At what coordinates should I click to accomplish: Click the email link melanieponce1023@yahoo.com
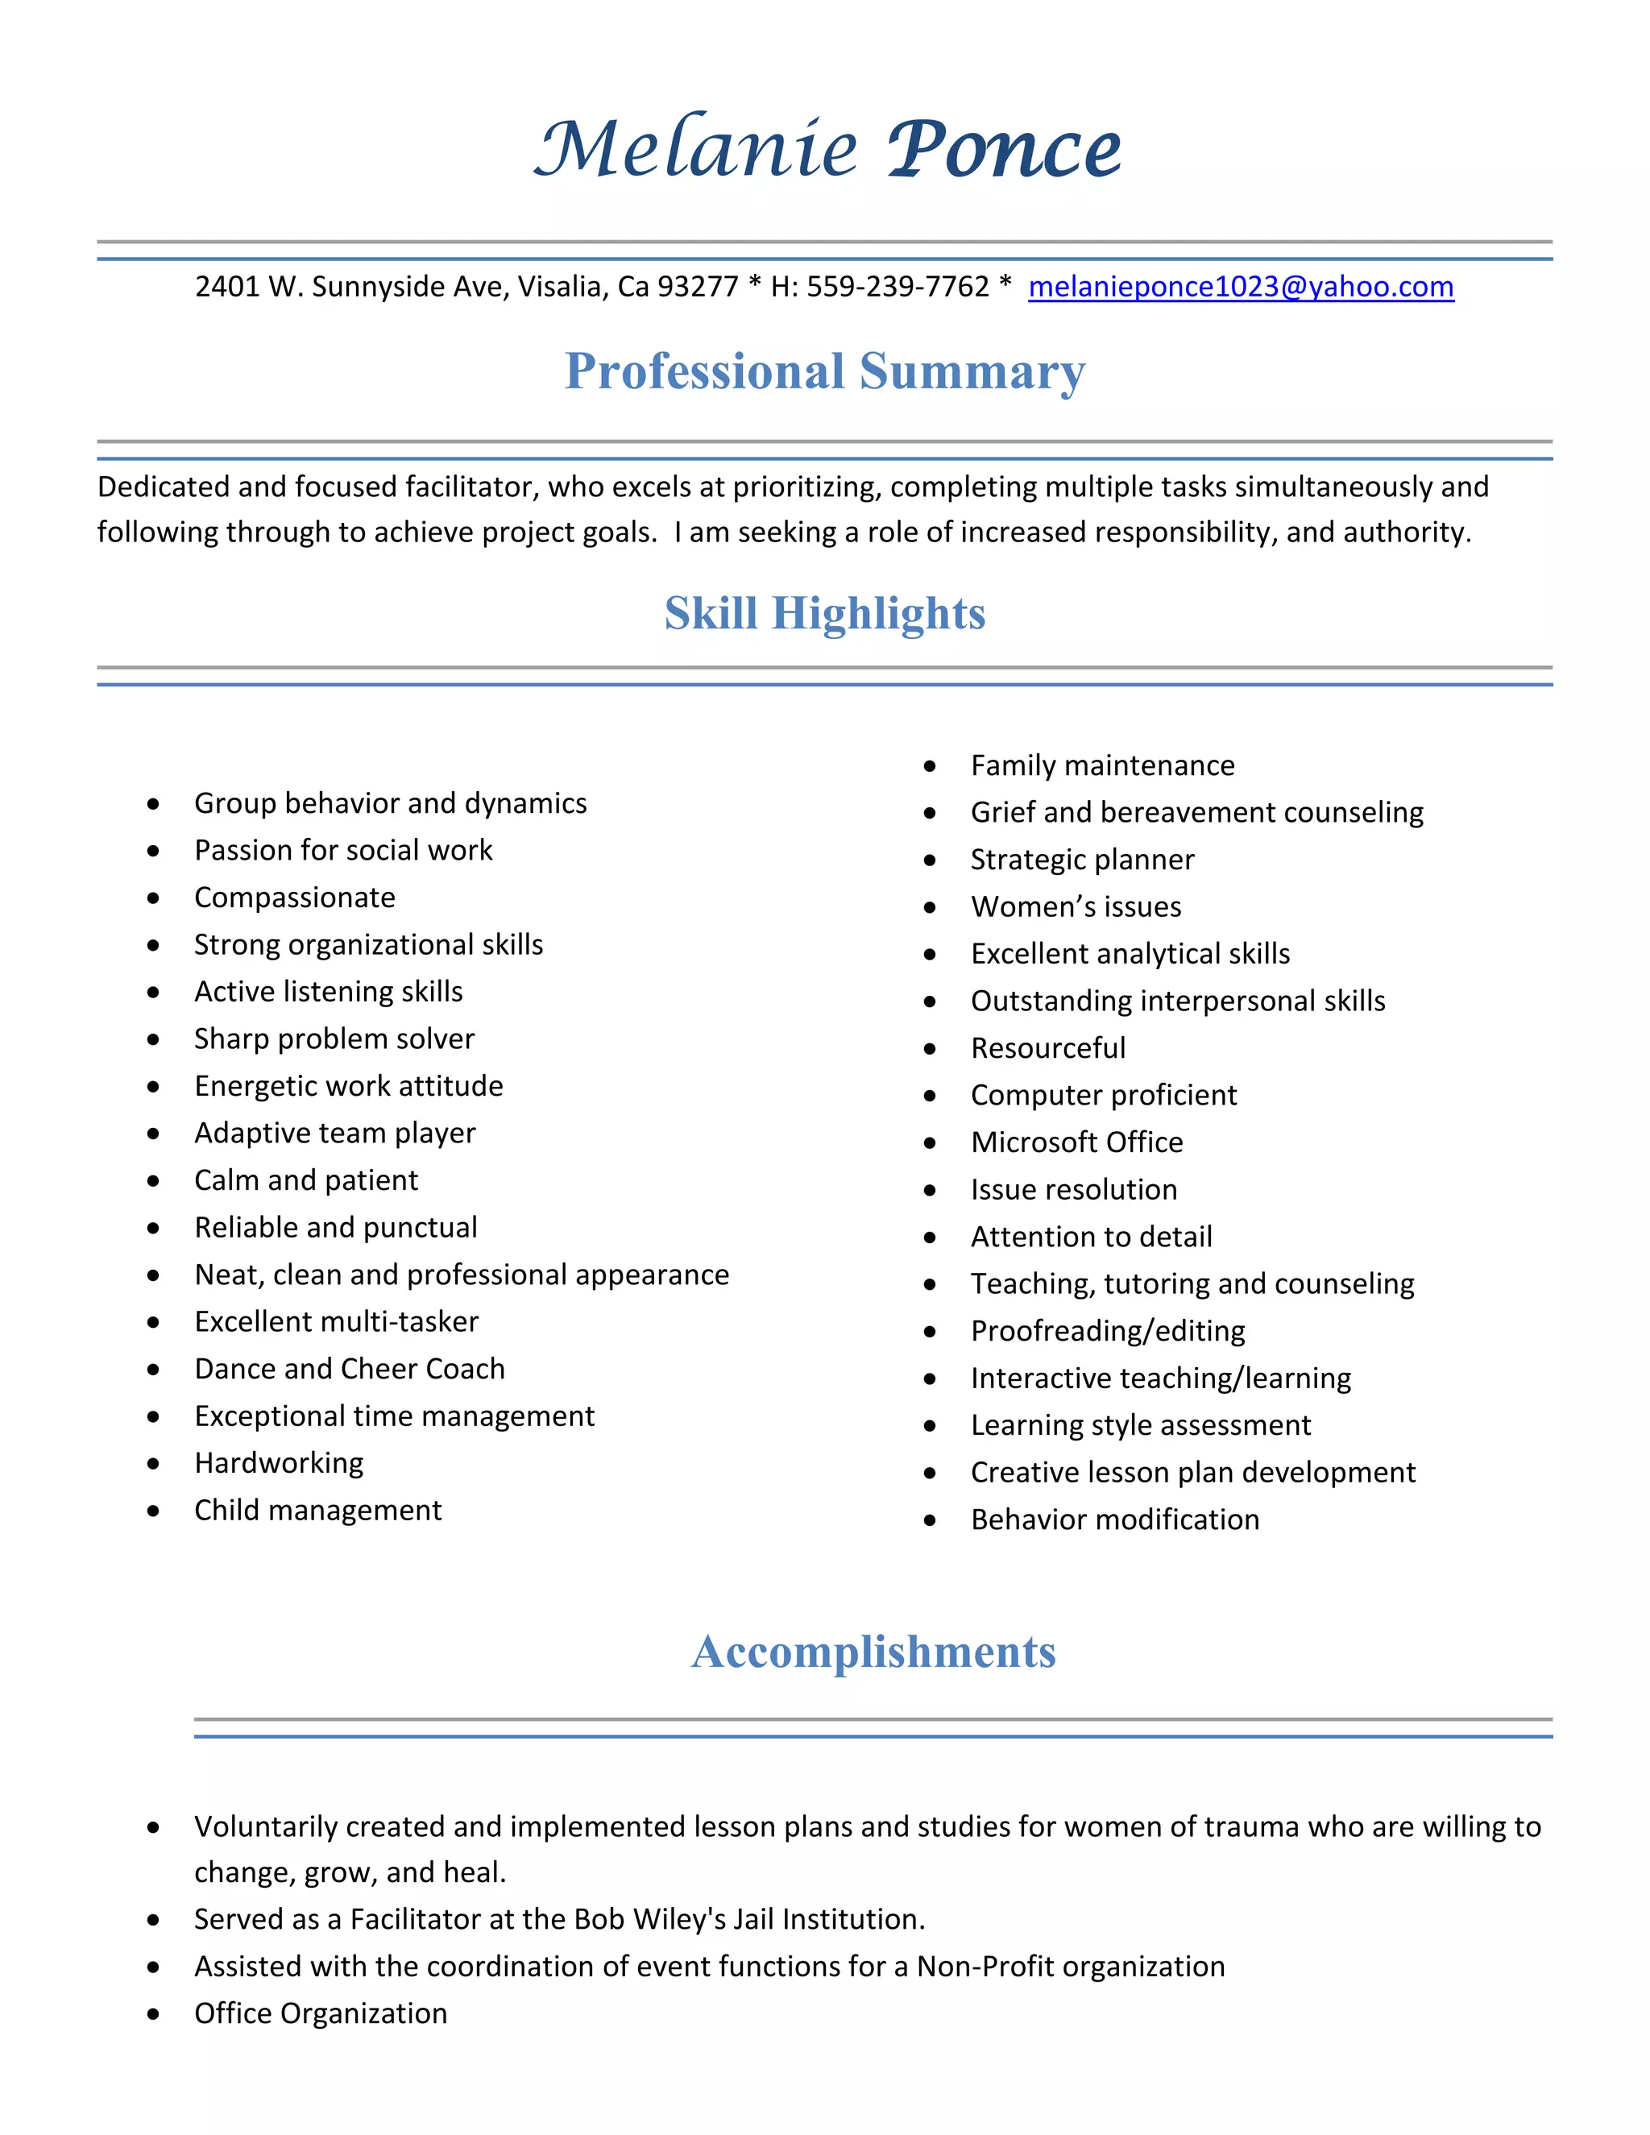pos(1241,287)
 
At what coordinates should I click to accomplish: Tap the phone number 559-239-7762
pos(898,287)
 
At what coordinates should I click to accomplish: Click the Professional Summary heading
pos(824,371)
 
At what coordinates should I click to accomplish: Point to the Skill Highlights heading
pos(824,614)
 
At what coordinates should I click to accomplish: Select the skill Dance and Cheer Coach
pos(349,1369)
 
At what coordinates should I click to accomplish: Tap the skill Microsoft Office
pos(1076,1142)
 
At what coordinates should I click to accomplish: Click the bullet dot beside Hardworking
pos(153,1463)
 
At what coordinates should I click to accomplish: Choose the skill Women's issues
pos(1076,906)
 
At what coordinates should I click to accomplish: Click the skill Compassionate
pos(294,898)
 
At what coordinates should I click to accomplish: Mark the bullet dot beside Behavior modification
pos(930,1520)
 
